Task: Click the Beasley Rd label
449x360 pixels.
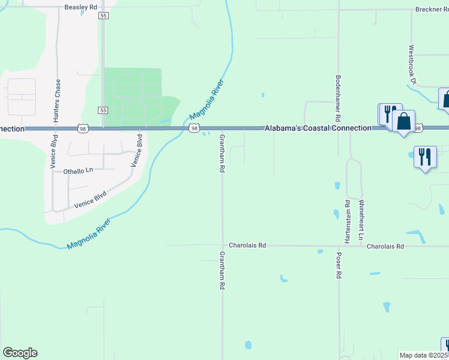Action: click(80, 8)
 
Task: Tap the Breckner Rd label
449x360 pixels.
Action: click(432, 10)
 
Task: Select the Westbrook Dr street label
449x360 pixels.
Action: click(412, 64)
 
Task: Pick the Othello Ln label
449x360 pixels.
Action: click(79, 171)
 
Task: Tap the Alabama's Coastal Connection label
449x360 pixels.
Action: click(319, 128)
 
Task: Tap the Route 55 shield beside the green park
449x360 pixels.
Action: click(103, 110)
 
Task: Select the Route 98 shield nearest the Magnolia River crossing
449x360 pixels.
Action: click(194, 128)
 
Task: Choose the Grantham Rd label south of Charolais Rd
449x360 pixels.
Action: click(221, 271)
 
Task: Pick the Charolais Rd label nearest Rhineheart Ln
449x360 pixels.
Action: click(385, 247)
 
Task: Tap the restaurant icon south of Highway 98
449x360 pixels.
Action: click(425, 157)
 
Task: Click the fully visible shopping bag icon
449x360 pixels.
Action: click(404, 122)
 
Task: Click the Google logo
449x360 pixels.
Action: click(20, 353)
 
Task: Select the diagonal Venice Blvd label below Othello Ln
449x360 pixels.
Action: click(91, 200)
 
